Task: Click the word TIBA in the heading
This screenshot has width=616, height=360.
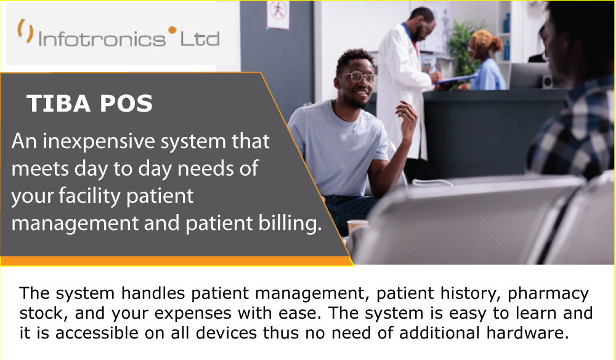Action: [x=55, y=104]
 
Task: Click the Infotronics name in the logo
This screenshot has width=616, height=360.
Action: [x=102, y=39]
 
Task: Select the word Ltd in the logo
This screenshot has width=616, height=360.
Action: [x=200, y=39]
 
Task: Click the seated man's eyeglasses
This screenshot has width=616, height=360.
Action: [x=357, y=77]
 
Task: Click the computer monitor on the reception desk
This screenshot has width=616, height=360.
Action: [x=529, y=75]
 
